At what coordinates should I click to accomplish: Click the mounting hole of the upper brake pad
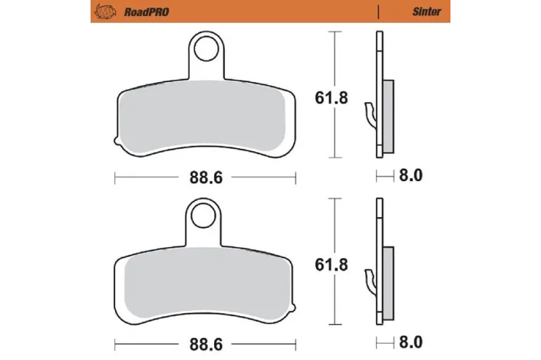pyautogui.click(x=205, y=49)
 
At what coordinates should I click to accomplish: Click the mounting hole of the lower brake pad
pyautogui.click(x=205, y=215)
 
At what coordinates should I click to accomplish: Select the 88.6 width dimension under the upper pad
pyautogui.click(x=206, y=177)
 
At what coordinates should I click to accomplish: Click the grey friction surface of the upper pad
pyautogui.click(x=206, y=115)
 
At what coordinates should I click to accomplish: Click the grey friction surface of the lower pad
pyautogui.click(x=206, y=282)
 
